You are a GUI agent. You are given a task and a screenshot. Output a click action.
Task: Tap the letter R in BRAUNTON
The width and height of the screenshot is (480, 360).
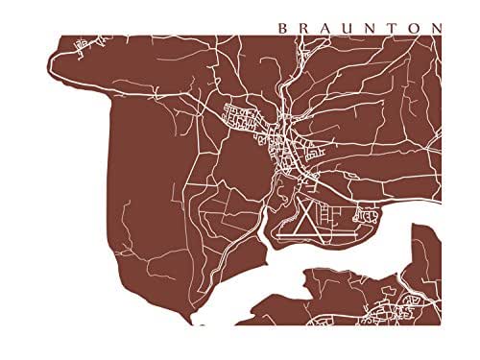pos(305,28)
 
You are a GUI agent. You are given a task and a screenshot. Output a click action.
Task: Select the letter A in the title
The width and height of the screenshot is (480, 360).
pos(327,28)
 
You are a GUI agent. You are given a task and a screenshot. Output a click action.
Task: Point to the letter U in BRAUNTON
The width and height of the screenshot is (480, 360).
pos(350,28)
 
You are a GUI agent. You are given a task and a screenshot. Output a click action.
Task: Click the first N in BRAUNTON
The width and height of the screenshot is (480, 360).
pos(373,28)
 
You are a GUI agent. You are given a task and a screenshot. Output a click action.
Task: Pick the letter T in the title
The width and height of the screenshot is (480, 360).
pos(395,28)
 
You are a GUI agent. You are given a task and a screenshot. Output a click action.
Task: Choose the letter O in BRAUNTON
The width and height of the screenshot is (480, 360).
pos(415,28)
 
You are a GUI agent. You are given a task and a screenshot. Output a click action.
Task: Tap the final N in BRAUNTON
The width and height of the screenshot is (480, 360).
pos(438,28)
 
